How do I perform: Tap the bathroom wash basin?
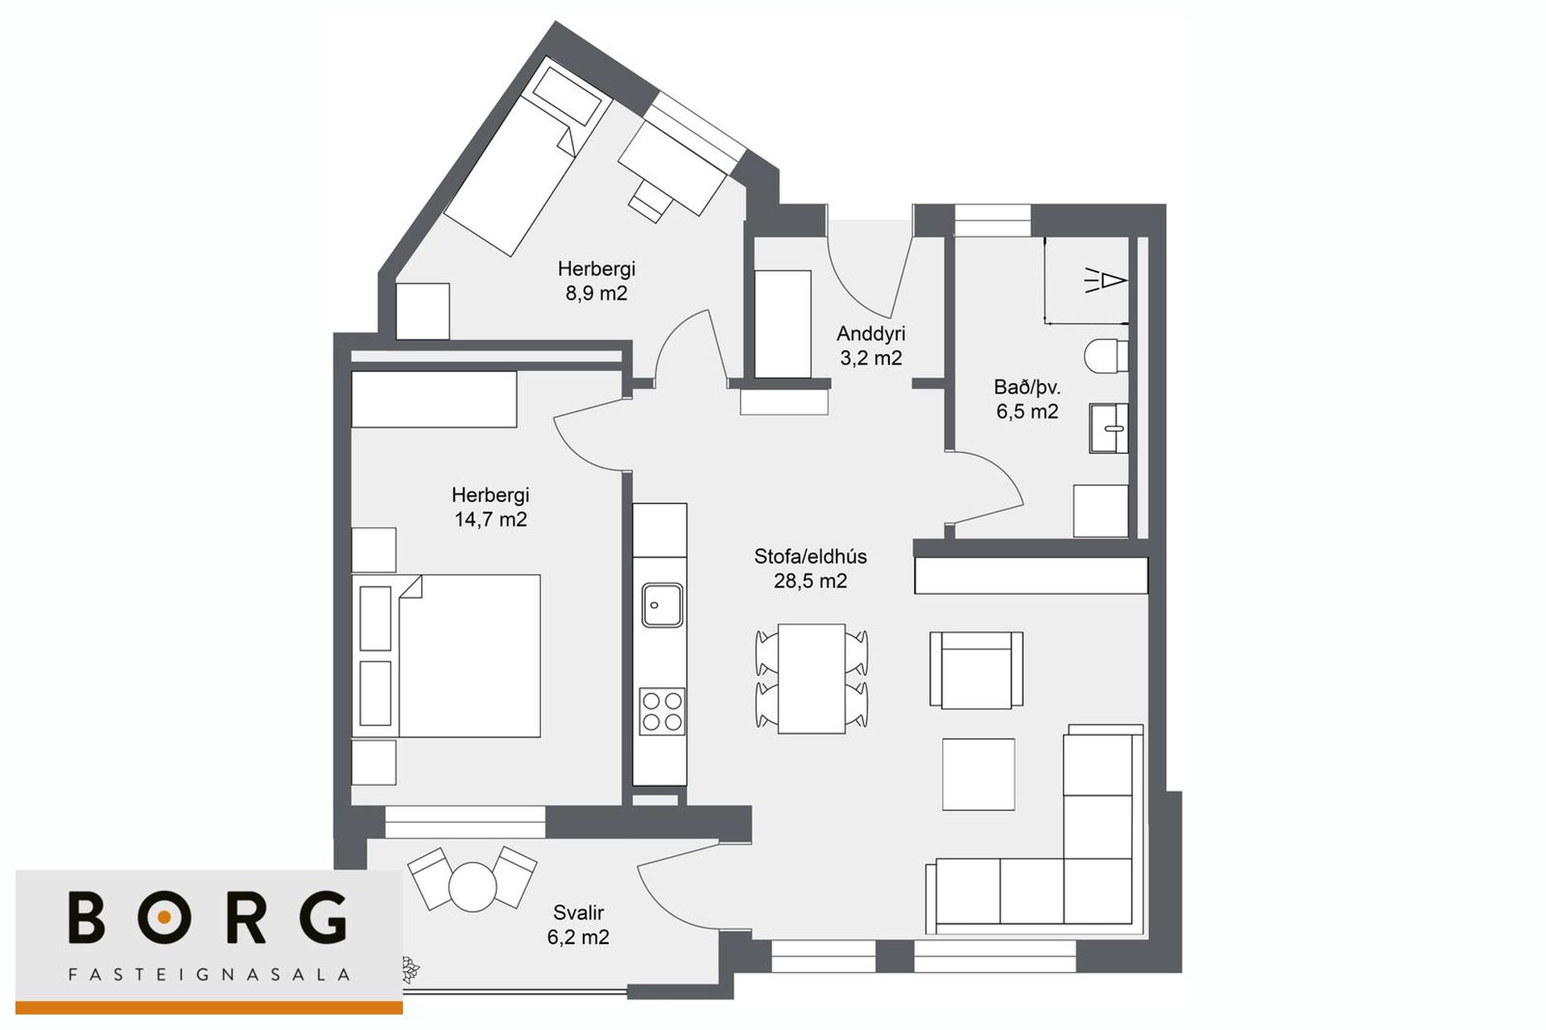pos(1109,428)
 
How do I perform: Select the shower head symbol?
pos(1105,280)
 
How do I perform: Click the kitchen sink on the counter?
pos(662,605)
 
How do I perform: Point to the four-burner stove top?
pos(662,711)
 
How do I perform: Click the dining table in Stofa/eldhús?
pos(811,678)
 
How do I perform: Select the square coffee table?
pos(978,774)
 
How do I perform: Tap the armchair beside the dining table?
pos(976,669)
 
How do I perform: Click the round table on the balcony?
pos(473,885)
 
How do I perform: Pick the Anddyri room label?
pos(870,333)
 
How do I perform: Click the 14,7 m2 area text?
pos(490,520)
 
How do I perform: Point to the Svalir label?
pos(578,913)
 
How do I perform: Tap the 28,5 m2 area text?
pos(810,581)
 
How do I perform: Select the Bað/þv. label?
pos(1027,388)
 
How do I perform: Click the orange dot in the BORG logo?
pos(164,917)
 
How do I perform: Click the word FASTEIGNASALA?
pos(209,974)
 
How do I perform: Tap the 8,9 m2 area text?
pos(596,293)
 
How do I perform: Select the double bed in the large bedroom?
pos(446,656)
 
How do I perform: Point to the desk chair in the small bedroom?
pos(651,200)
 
